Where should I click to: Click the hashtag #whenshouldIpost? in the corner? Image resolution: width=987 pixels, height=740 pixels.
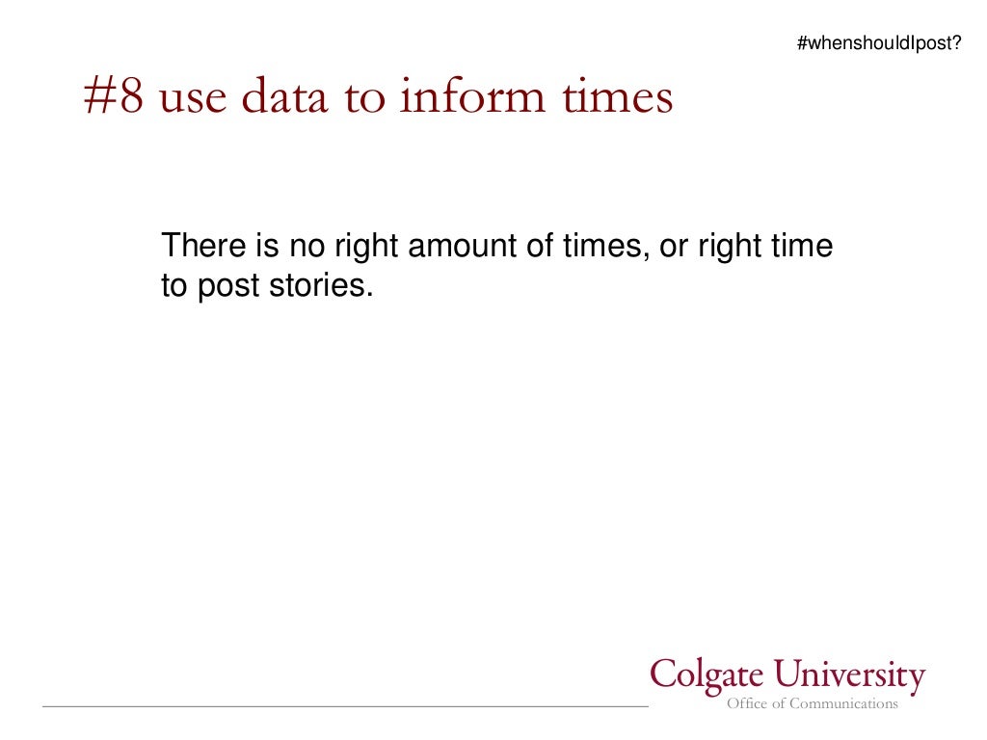click(879, 43)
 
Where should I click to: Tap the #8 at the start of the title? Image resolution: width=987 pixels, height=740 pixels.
click(113, 99)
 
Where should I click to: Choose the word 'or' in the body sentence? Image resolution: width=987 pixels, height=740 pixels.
click(673, 248)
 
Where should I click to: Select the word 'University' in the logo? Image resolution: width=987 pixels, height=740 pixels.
click(853, 676)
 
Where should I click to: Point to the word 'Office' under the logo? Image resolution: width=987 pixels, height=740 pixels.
click(747, 704)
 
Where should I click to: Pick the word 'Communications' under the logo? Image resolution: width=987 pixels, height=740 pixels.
click(843, 704)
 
